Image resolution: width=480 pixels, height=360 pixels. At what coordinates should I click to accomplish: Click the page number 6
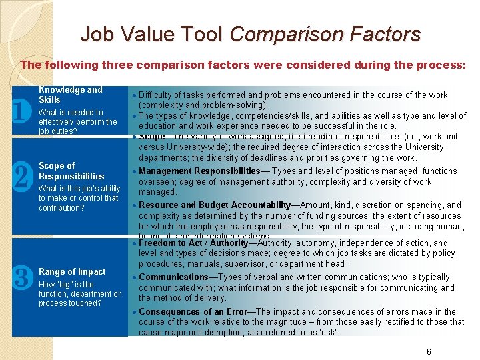click(x=429, y=351)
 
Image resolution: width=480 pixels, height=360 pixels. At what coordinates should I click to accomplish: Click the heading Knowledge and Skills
click(x=70, y=95)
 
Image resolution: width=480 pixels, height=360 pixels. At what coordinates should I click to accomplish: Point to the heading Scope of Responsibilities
click(x=71, y=171)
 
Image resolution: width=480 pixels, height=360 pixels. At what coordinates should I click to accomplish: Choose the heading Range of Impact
click(x=72, y=271)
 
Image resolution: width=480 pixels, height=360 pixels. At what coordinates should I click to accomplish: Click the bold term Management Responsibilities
click(x=199, y=171)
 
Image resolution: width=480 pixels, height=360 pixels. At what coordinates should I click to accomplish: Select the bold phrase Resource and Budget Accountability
click(x=215, y=205)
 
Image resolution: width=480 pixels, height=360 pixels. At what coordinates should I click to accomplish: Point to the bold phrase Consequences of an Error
click(x=193, y=311)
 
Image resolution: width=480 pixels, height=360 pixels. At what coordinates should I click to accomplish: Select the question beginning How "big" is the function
click(x=79, y=294)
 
